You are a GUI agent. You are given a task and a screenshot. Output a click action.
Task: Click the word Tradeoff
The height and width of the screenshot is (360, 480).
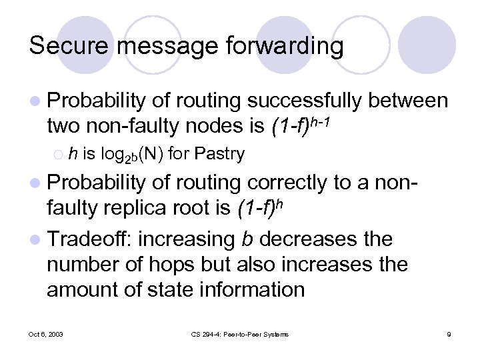click(x=95, y=239)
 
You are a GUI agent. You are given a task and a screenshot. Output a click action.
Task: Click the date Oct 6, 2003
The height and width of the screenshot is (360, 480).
click(x=47, y=334)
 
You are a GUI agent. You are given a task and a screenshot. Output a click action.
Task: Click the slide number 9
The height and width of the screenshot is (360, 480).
click(x=449, y=334)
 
